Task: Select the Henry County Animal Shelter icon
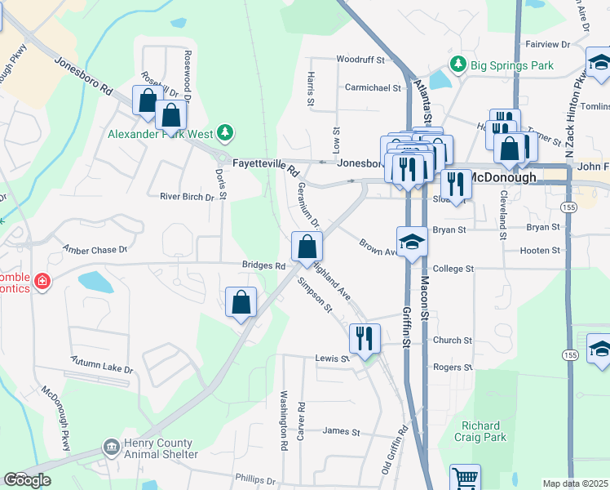112,448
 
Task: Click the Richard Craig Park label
484,431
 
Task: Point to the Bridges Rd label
263,265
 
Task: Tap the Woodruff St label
360,60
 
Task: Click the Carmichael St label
374,87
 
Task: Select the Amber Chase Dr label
95,250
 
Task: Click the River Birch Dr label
187,197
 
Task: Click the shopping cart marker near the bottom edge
466,478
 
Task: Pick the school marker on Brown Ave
413,241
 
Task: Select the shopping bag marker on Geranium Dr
307,245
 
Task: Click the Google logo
27,480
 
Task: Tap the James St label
341,431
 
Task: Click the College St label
453,269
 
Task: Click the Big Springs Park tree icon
459,64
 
